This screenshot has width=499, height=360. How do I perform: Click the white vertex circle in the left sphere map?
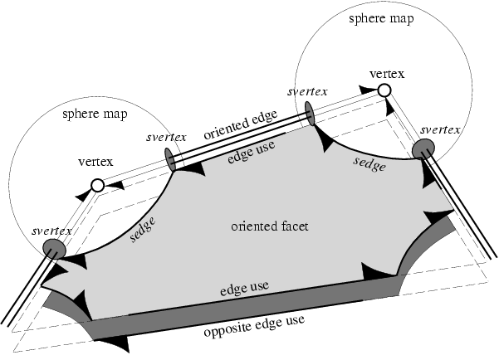pyautogui.click(x=97, y=186)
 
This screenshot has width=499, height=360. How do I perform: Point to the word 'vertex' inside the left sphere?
pyautogui.click(x=95, y=161)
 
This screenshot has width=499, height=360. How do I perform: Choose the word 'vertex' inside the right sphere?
pyautogui.click(x=386, y=73)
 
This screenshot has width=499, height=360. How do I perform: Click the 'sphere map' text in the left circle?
pyautogui.click(x=91, y=114)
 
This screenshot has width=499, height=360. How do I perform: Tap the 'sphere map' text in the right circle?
pyautogui.click(x=383, y=17)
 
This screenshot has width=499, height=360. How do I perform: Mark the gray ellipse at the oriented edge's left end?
pyautogui.click(x=171, y=158)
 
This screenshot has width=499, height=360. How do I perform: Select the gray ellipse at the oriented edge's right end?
pyautogui.click(x=309, y=114)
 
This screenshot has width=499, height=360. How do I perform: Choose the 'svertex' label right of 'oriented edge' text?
pyautogui.click(x=306, y=91)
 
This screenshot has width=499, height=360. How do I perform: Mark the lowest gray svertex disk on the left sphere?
pyautogui.click(x=55, y=248)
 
